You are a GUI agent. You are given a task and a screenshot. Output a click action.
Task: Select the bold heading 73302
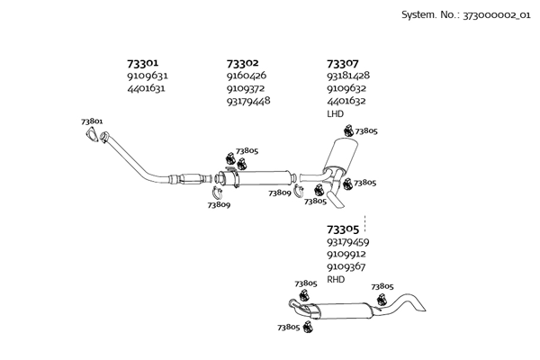pos(242,64)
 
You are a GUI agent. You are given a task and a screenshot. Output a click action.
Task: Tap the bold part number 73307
pos(342,64)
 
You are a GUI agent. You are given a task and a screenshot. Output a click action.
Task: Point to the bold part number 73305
pos(342,229)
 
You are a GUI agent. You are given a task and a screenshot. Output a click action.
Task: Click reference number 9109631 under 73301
pos(148,76)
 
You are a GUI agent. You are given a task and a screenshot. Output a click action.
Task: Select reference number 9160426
pos(246,76)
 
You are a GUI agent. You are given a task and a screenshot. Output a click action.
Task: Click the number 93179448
pos(248,101)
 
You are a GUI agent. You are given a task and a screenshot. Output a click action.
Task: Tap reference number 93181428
pos(347,76)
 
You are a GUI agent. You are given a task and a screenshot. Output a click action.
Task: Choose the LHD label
pos(335,114)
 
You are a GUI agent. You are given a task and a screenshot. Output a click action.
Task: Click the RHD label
pos(336,279)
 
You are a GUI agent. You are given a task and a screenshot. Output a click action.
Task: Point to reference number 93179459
pos(347,242)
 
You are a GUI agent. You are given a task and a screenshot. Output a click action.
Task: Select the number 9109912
pos(346,255)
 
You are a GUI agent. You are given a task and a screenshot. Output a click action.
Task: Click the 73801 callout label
pos(91,121)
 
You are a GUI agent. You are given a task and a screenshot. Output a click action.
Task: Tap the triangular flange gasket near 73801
pos(90,136)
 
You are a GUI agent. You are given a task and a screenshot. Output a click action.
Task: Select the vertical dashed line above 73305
pos(364,219)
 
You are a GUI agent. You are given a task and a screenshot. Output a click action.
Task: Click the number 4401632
pos(346,102)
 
